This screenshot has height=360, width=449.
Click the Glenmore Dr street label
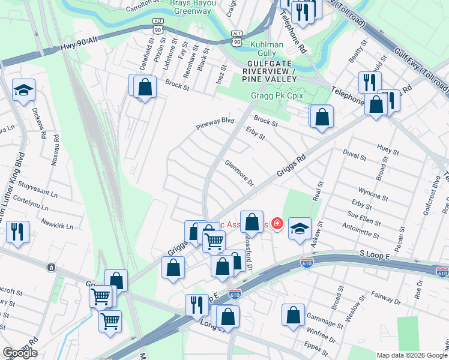(x=240, y=173)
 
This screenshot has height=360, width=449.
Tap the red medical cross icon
(x=277, y=224)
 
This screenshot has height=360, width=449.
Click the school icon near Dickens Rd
(x=23, y=91)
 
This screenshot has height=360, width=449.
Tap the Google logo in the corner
(x=20, y=353)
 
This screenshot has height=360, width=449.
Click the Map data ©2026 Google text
(x=411, y=355)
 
